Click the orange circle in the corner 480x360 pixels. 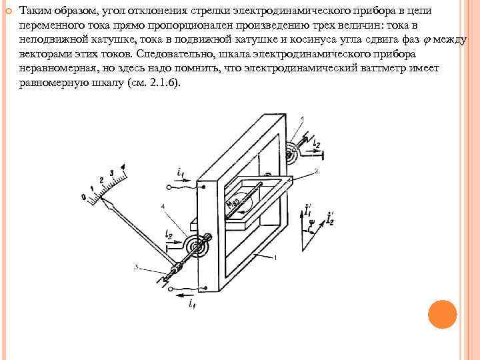click(x=441, y=313)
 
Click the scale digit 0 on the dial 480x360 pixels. click(x=83, y=197)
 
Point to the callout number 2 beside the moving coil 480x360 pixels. click(x=316, y=171)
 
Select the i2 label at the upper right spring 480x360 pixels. click(x=317, y=143)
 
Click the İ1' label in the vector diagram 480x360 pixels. click(x=307, y=212)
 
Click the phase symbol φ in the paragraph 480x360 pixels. click(x=427, y=39)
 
